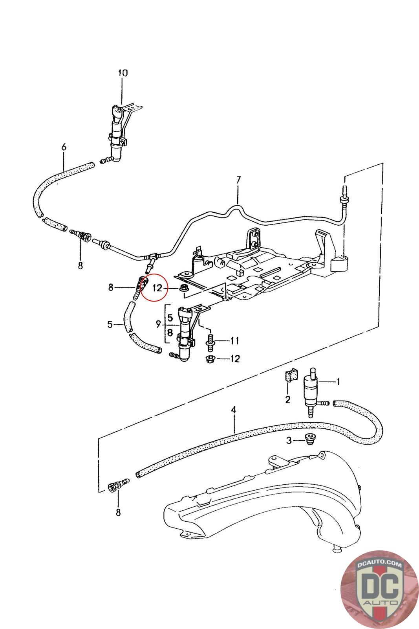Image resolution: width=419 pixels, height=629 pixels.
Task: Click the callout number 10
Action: tap(123, 73)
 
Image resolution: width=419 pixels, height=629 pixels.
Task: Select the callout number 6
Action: tap(64, 147)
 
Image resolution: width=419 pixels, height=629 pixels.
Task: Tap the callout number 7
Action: tap(238, 180)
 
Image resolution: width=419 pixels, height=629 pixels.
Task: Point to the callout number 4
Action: tap(233, 410)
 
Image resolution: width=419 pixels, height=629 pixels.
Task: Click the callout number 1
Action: tap(338, 381)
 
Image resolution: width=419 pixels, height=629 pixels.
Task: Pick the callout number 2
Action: tap(288, 399)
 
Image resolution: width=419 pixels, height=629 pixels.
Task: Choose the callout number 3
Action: tap(289, 441)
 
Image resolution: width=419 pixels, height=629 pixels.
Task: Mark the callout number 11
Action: tap(234, 341)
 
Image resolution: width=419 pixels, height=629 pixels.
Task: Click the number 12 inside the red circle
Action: tap(158, 288)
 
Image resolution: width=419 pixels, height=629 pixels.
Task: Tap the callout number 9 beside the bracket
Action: tap(159, 325)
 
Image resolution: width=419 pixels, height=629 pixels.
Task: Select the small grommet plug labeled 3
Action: tap(309, 440)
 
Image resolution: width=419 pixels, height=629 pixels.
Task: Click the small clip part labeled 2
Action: tap(289, 375)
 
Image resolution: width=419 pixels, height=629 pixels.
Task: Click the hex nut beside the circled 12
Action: tap(185, 287)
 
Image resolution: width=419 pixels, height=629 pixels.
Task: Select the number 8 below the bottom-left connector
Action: tap(118, 513)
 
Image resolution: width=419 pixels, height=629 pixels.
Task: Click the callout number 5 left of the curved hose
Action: tap(110, 325)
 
